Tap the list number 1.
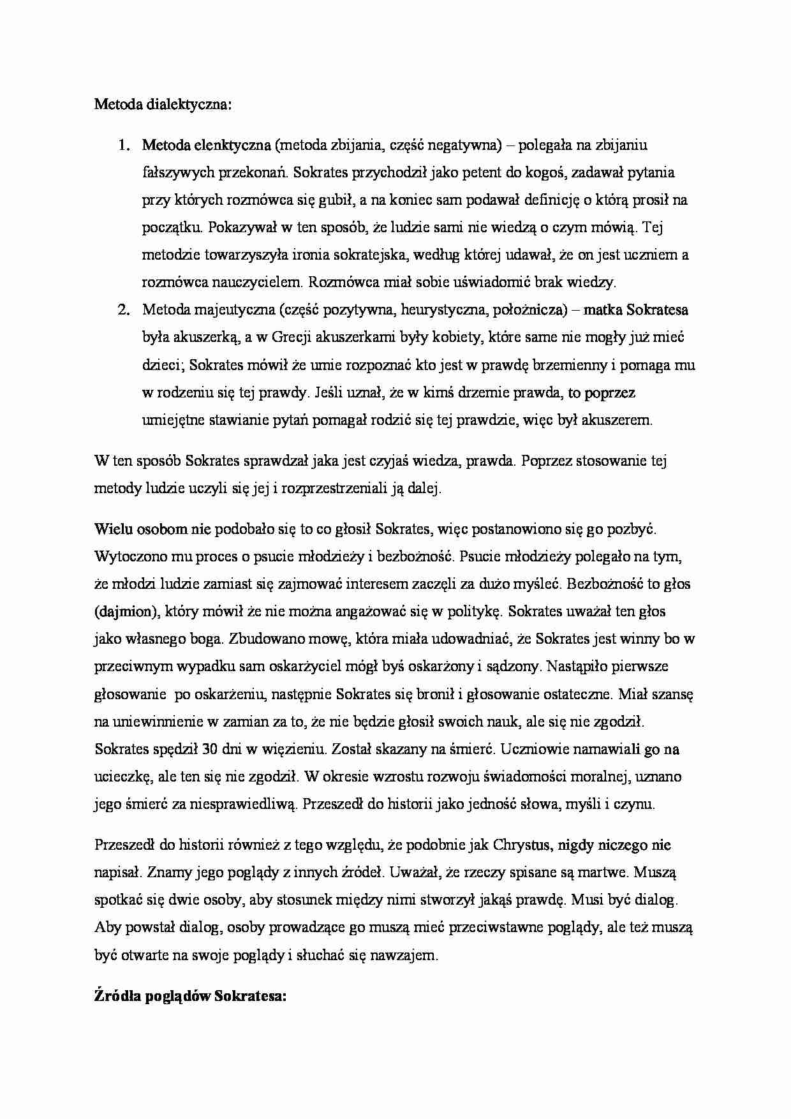pyautogui.click(x=122, y=145)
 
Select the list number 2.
pyautogui.click(x=122, y=310)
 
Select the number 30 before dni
pyautogui.click(x=210, y=749)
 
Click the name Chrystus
pyautogui.click(x=521, y=845)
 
